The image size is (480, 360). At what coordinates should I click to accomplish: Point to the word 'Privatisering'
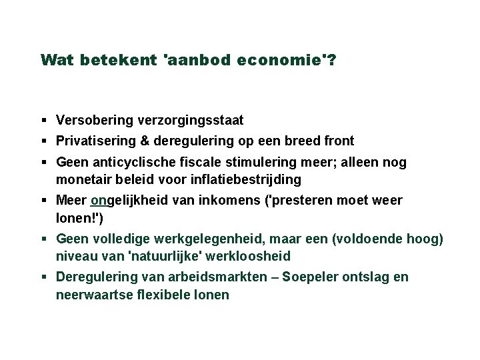pos(94,141)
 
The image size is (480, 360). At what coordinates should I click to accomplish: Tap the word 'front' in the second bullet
pos(339,141)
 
